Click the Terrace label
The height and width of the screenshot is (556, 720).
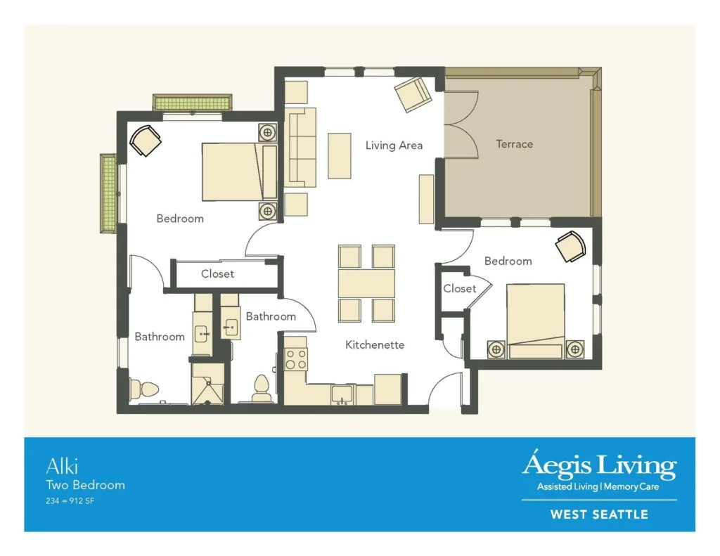[x=514, y=144]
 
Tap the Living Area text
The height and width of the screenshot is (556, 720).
[x=394, y=146]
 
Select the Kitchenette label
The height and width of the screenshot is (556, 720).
[x=375, y=344]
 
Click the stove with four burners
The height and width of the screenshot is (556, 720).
[x=295, y=359]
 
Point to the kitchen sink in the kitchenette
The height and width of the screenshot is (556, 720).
[x=342, y=395]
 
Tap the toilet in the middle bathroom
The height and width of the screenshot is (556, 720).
[x=262, y=389]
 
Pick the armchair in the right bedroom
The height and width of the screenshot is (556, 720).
[x=570, y=246]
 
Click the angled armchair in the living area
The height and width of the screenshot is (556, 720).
[x=413, y=94]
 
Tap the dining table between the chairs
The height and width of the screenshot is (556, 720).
[x=366, y=283]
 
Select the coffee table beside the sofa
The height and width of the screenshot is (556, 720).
[x=339, y=155]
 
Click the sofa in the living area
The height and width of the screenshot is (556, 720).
[x=301, y=148]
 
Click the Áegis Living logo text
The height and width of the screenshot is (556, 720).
[x=598, y=466]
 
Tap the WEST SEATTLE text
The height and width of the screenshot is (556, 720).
[x=598, y=515]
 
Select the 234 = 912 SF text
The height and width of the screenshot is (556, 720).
[x=70, y=501]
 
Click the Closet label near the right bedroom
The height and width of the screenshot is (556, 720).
[x=459, y=288]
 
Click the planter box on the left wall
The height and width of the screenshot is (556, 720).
[x=108, y=193]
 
